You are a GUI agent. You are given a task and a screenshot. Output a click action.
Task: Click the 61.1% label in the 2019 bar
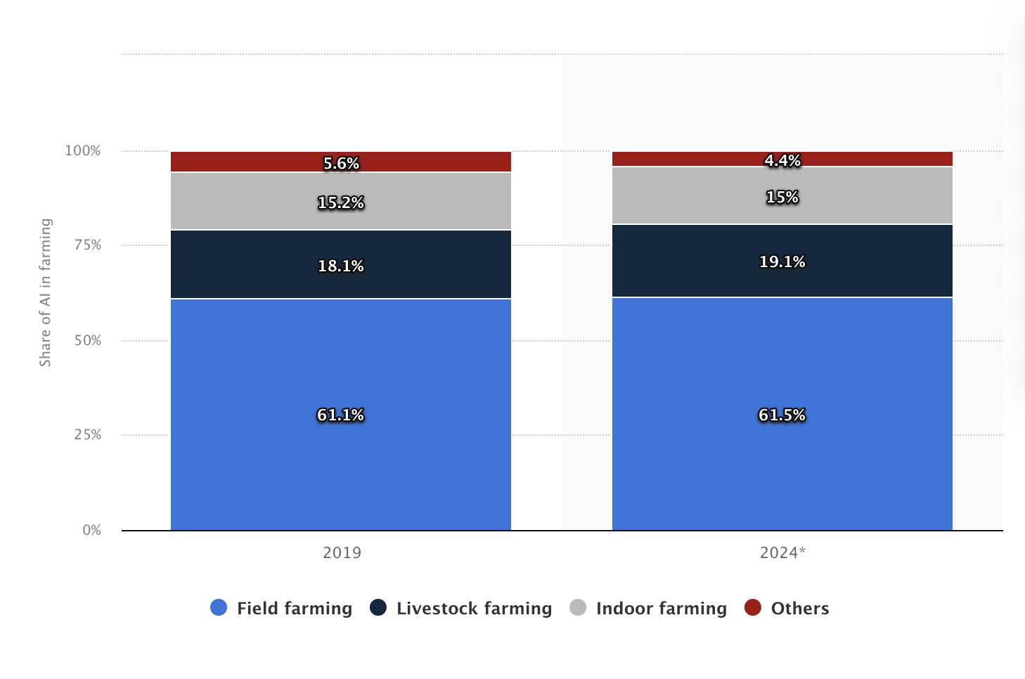pyautogui.click(x=340, y=415)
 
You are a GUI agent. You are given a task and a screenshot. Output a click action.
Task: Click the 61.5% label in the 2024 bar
pyautogui.click(x=782, y=415)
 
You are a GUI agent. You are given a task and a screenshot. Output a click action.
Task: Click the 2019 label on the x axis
pyautogui.click(x=342, y=552)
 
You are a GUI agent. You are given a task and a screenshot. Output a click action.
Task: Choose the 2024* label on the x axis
pyautogui.click(x=782, y=552)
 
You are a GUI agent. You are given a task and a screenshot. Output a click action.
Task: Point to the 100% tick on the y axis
pyautogui.click(x=83, y=150)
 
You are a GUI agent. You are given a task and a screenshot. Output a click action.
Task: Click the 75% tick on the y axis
pyautogui.click(x=88, y=245)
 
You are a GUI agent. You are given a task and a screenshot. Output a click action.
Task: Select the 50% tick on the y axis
pyautogui.click(x=88, y=340)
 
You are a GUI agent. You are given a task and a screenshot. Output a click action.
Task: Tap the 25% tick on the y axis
pyautogui.click(x=88, y=434)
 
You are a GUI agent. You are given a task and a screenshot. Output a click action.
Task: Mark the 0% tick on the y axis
pyautogui.click(x=91, y=530)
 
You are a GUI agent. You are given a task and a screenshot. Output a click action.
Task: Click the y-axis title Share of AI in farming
pyautogui.click(x=45, y=292)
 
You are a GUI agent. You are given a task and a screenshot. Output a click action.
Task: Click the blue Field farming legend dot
pyautogui.click(x=219, y=607)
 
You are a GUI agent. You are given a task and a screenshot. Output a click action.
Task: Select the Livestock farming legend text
pyautogui.click(x=474, y=608)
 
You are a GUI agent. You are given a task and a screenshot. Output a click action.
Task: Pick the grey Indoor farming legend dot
pyautogui.click(x=578, y=607)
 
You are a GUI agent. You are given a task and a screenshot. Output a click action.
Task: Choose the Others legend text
pyautogui.click(x=800, y=608)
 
